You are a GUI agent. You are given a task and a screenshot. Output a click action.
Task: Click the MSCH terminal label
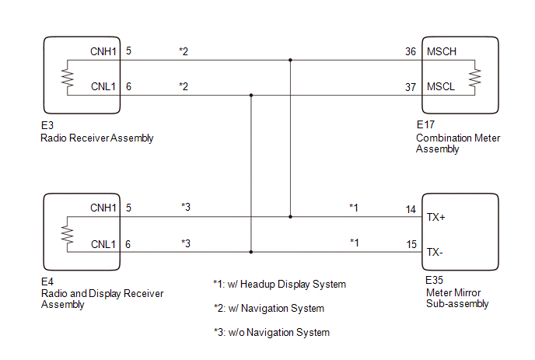point(442,51)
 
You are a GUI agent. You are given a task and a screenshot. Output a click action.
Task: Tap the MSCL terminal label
point(441,86)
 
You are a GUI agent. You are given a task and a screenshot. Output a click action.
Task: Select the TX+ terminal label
point(435,218)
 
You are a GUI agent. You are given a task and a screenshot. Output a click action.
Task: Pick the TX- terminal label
point(435,253)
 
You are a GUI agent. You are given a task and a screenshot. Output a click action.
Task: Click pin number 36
point(411,51)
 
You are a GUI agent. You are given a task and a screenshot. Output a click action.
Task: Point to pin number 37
point(411,87)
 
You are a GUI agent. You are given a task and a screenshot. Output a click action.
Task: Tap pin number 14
point(411,209)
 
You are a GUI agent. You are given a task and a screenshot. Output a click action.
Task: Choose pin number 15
point(411,244)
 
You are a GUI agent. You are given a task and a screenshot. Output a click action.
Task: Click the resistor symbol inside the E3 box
point(68,78)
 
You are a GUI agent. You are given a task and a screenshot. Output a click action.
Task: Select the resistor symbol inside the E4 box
point(67,235)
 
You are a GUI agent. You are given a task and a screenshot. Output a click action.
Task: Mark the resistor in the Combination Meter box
point(474,78)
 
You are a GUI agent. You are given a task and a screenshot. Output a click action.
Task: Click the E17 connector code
point(425,125)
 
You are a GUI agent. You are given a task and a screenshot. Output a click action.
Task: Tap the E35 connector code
point(434,281)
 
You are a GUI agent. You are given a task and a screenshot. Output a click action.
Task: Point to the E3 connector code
point(47,126)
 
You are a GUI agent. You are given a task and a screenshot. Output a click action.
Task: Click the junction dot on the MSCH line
point(290,60)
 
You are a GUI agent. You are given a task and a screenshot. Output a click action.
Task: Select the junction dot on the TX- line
point(251,252)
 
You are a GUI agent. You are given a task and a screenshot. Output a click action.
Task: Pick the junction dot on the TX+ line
point(290,217)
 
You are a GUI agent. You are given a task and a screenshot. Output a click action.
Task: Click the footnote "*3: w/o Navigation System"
point(271,332)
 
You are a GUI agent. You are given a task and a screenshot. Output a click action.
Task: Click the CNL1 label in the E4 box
point(103,244)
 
